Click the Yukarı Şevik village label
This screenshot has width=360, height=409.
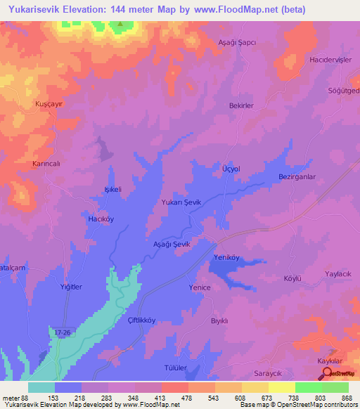[x=181, y=202]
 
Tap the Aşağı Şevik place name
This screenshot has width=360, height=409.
[x=172, y=243]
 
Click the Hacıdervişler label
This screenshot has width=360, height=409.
[x=330, y=60]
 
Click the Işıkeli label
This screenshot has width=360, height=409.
[x=113, y=190]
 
